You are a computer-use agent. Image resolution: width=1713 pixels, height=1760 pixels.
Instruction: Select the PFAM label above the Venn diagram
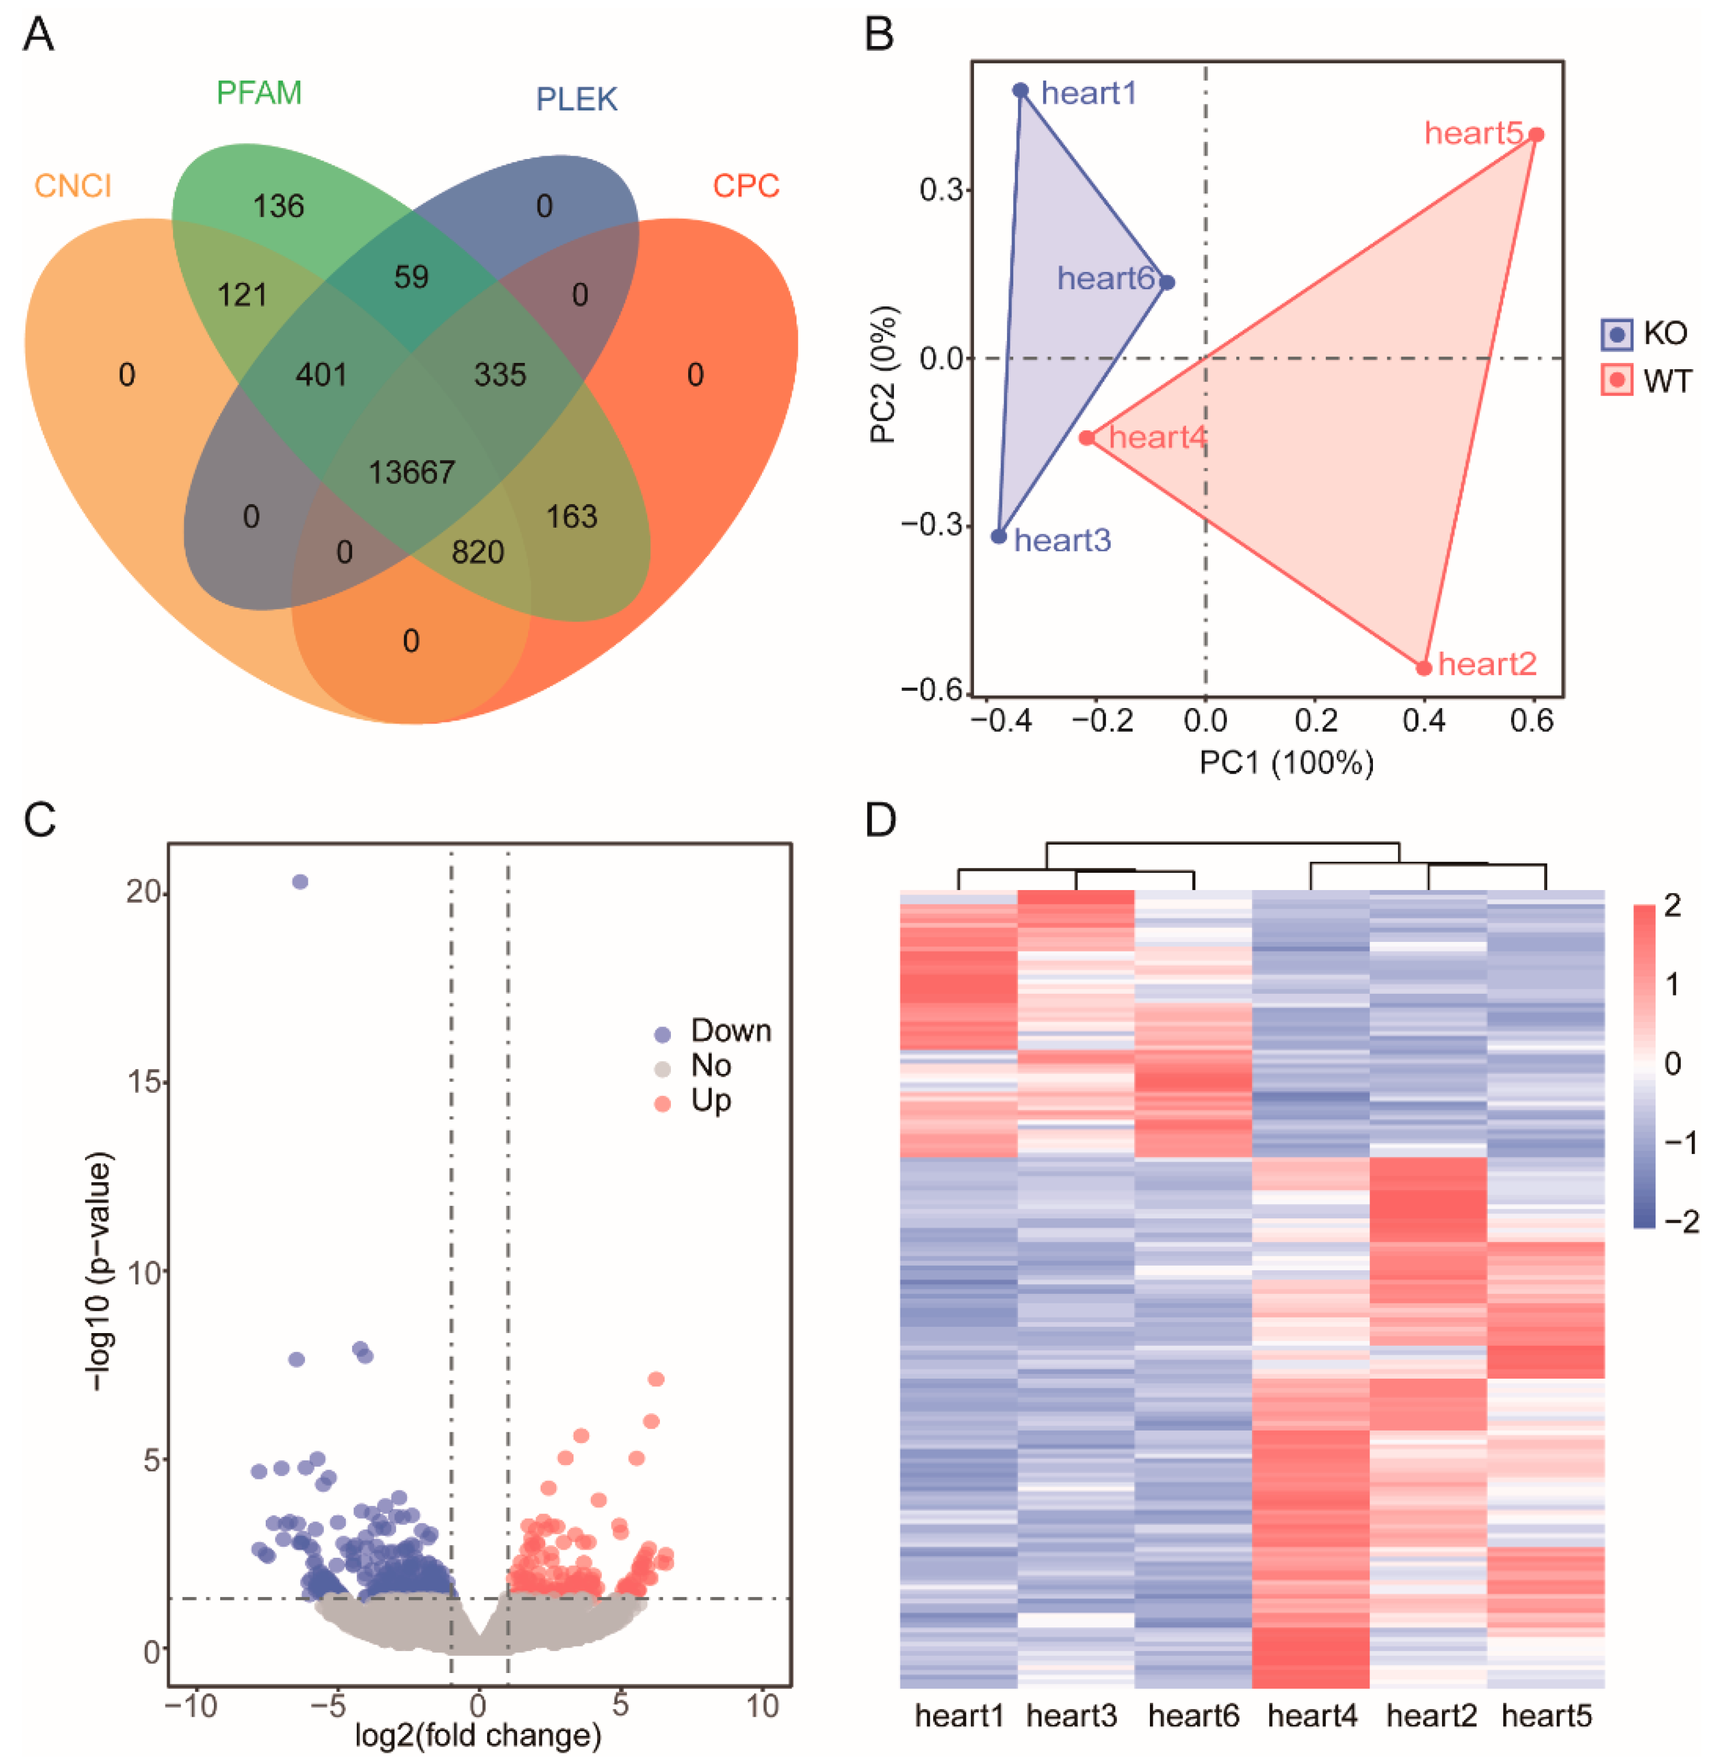click(x=259, y=93)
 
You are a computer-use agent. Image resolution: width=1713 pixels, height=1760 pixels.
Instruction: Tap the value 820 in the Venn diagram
click(x=478, y=551)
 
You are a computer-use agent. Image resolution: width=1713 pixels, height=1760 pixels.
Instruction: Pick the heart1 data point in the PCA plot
click(x=1020, y=90)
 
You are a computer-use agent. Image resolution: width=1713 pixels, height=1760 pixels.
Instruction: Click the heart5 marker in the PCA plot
click(x=1537, y=135)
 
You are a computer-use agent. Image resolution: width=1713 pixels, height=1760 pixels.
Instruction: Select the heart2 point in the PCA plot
click(x=1423, y=668)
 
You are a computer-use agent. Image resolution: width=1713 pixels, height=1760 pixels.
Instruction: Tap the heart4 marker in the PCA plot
click(x=1087, y=438)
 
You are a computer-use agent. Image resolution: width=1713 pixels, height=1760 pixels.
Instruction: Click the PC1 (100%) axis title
click(x=1286, y=763)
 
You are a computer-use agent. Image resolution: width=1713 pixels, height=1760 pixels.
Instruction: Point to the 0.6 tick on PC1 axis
click(x=1531, y=720)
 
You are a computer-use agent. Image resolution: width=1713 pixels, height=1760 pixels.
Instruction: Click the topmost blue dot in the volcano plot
click(x=300, y=881)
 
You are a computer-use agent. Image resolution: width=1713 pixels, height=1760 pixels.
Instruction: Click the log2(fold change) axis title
click(x=478, y=1735)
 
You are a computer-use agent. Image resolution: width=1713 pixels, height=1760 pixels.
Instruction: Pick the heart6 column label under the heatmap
click(x=1193, y=1716)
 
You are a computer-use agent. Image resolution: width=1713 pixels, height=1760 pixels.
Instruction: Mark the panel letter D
click(x=881, y=820)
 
